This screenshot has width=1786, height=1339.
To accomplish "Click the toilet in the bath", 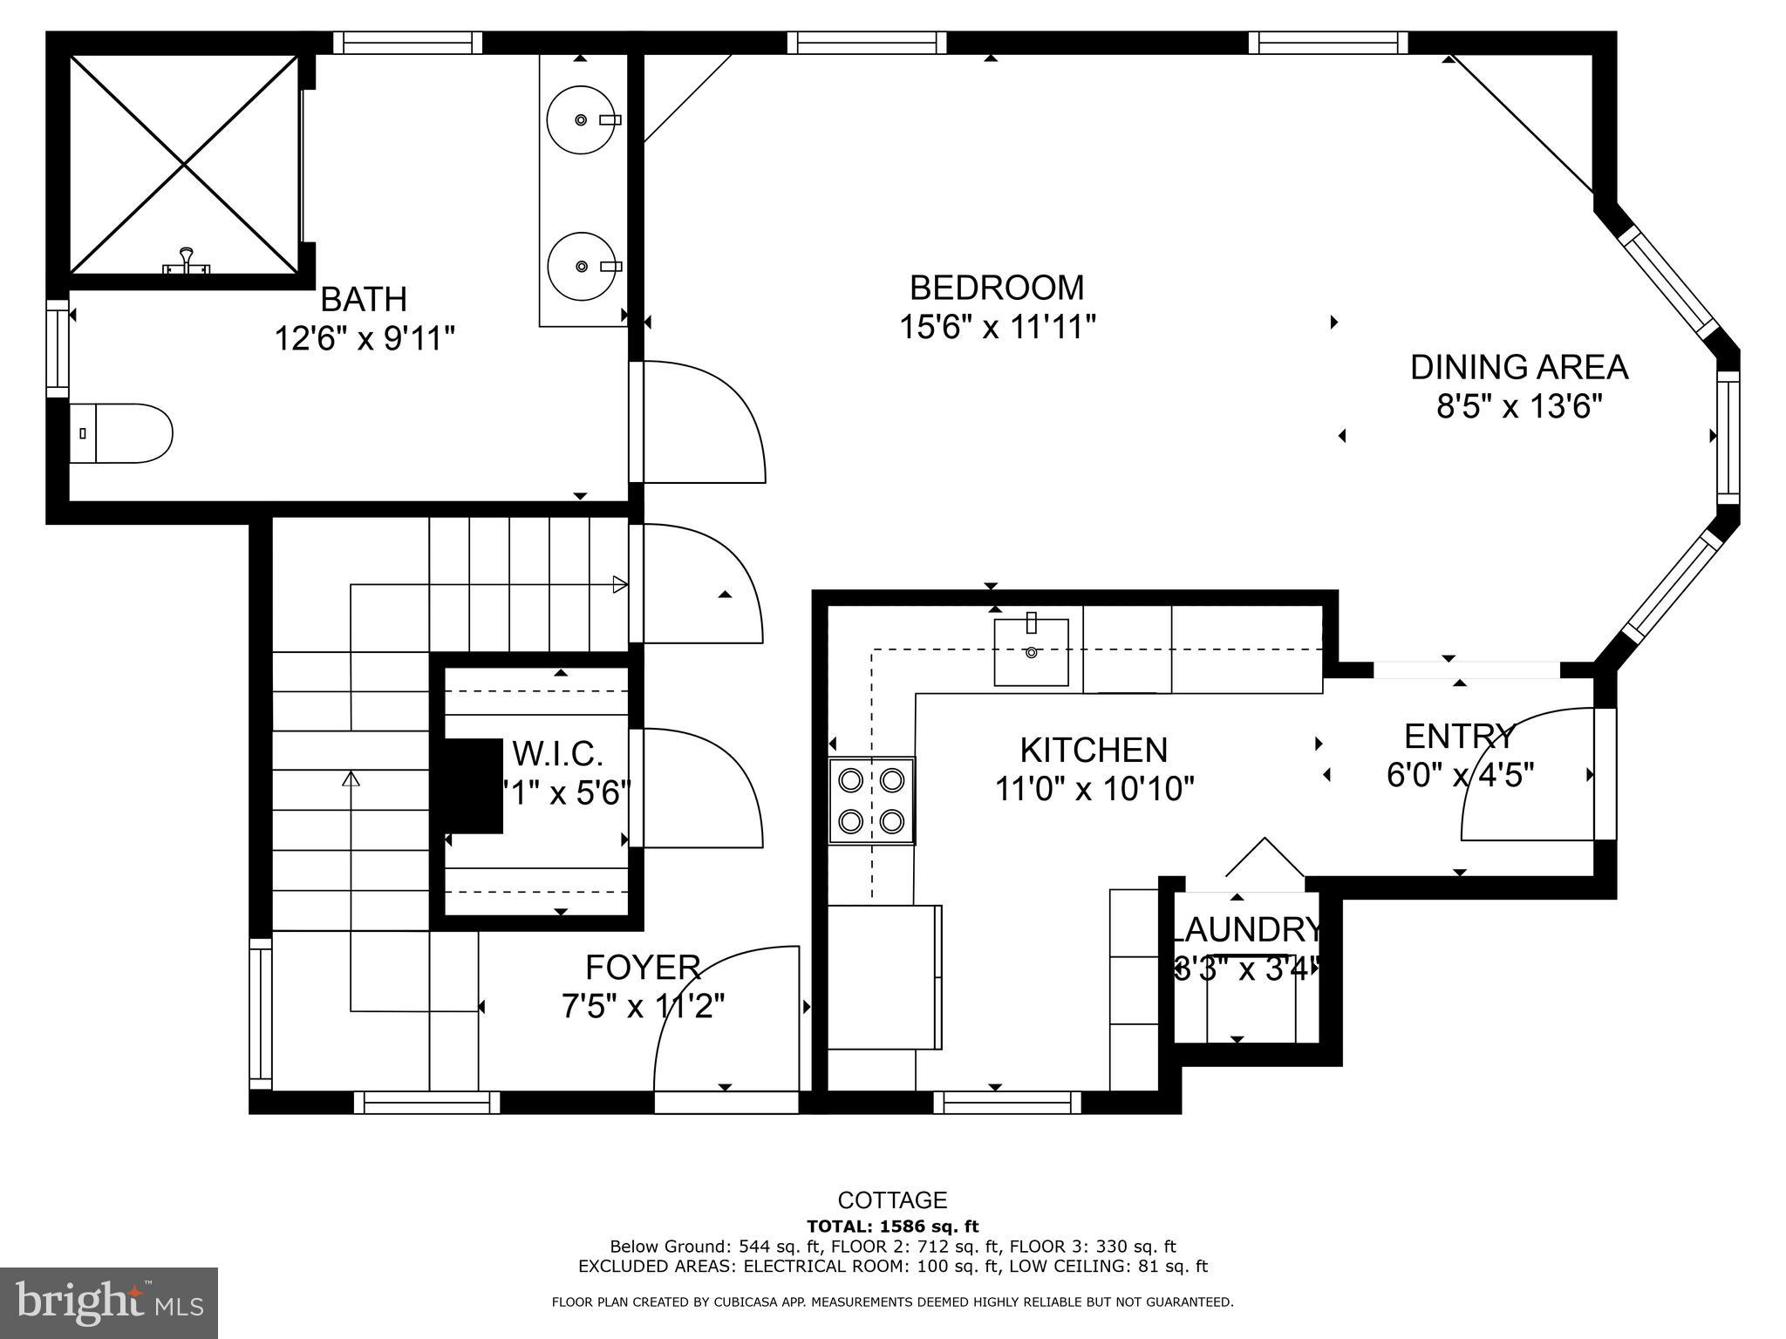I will point(122,433).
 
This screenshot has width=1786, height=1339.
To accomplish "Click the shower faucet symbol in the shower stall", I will point(186,262).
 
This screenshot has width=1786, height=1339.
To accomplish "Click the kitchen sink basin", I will point(1032,652).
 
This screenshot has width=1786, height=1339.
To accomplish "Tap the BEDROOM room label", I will point(997,288).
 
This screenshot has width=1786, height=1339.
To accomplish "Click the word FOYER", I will point(643,968).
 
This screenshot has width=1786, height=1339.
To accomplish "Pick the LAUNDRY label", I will point(1245,930).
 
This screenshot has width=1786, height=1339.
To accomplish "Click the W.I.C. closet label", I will point(557,753).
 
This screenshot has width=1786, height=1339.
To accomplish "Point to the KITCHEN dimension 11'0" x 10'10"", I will point(1094,789).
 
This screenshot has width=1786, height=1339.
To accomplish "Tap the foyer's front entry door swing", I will point(726,1020).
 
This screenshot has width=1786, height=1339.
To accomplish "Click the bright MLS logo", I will point(109,1303).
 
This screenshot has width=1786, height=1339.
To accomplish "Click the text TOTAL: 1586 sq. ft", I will point(892,1227).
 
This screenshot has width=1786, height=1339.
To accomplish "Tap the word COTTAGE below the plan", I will point(892,1200).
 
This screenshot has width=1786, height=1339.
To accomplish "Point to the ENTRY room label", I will point(1459,737).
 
